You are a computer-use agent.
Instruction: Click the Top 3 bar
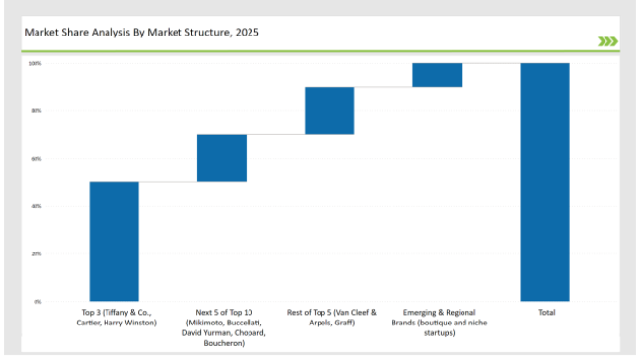[x=113, y=242]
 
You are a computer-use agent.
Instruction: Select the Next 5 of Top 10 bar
[x=222, y=158]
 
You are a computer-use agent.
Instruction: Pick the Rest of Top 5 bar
[x=329, y=110]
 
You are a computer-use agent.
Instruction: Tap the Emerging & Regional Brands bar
[x=437, y=75]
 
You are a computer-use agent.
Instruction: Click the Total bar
[x=545, y=181]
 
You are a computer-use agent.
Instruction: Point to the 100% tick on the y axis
[x=35, y=63]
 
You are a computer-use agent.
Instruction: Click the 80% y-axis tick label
[x=36, y=111]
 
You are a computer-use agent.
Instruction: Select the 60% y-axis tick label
[x=36, y=159]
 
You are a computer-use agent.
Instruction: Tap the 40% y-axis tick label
[x=36, y=206]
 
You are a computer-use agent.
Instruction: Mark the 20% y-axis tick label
[x=36, y=253]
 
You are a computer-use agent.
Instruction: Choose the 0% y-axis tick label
[x=37, y=301]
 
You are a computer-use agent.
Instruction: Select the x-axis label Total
[x=545, y=313]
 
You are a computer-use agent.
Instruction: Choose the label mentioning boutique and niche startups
[x=437, y=323]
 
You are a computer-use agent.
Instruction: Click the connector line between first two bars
[x=168, y=182]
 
